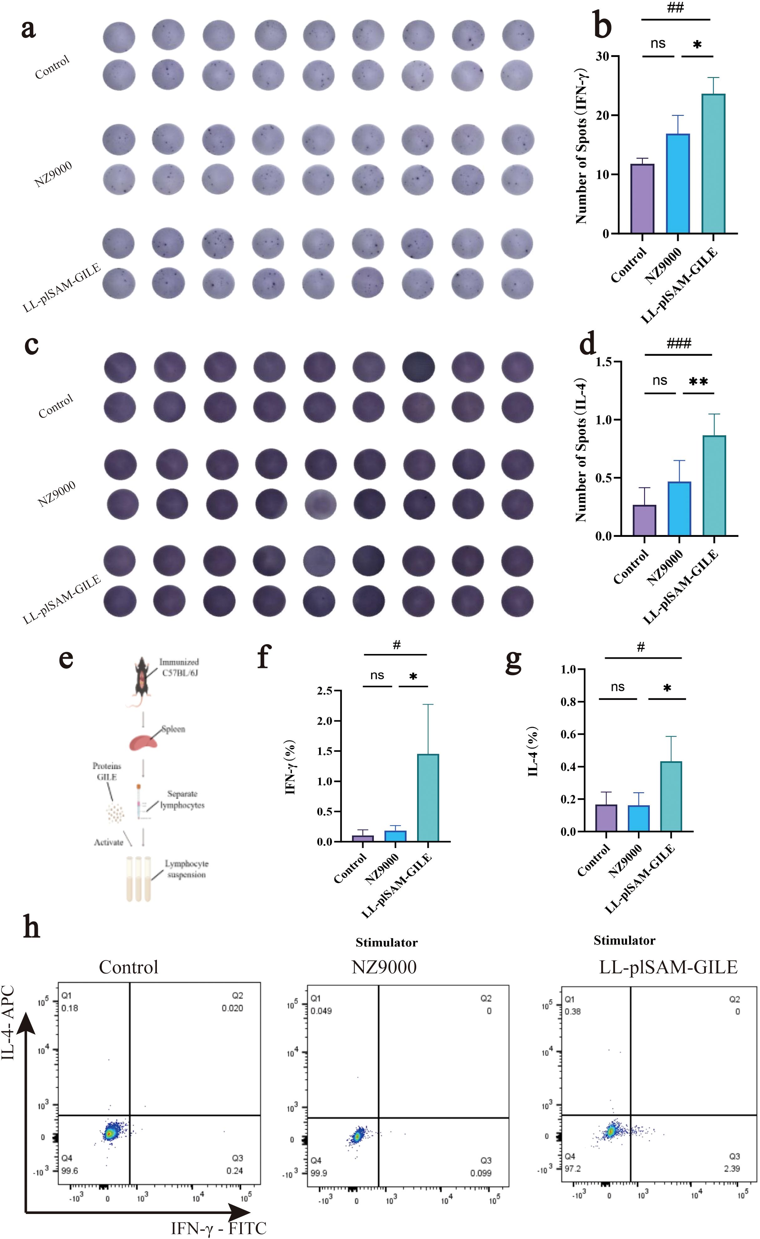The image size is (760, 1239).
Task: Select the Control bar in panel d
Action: coord(644,521)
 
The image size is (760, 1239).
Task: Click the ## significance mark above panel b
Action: coord(675,8)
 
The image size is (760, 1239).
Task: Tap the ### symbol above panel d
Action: coord(679,344)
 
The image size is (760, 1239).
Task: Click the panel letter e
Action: coord(66,659)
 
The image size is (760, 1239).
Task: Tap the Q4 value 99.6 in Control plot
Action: coord(70,1171)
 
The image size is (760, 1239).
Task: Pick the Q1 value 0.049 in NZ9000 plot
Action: coord(321,1011)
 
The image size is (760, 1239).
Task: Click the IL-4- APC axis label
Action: coord(8,1023)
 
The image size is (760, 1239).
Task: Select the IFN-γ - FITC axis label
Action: coord(218,1228)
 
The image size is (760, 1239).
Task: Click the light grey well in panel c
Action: coord(320,504)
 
